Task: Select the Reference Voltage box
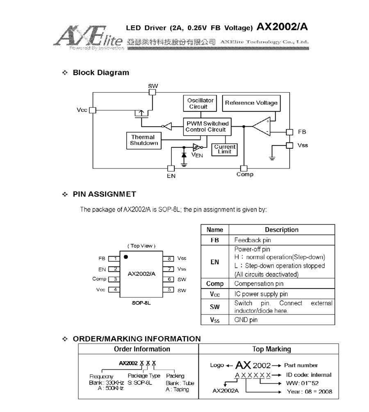251,103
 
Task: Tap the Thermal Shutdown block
142,140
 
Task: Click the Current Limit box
225,149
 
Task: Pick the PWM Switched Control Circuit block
207,126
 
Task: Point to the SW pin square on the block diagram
152,92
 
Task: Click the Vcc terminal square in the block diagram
93,110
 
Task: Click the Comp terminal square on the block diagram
244,168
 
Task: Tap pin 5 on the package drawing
169,289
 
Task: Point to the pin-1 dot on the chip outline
126,257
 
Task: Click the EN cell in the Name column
215,262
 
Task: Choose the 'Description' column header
282,230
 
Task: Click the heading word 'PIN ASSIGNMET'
104,194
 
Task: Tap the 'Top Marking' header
271,349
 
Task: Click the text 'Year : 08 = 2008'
310,392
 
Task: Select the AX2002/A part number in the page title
282,27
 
